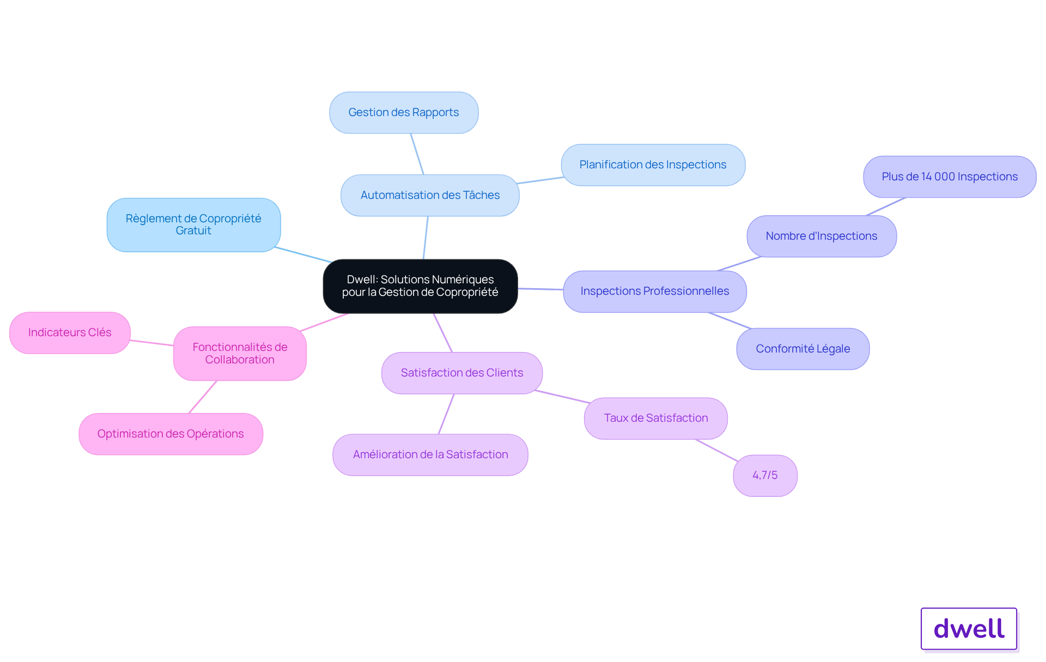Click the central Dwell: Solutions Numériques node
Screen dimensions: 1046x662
(420, 286)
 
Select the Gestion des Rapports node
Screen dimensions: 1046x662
(404, 112)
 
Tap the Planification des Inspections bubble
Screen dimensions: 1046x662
(653, 165)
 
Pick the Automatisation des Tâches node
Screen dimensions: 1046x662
(430, 195)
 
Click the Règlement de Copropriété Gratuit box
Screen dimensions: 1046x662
(193, 224)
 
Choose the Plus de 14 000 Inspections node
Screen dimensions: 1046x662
(950, 177)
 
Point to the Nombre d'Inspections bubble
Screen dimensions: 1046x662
(822, 236)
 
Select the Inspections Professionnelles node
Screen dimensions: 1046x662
(655, 291)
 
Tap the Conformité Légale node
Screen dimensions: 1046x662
(803, 349)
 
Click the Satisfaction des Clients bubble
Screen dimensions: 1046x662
(462, 373)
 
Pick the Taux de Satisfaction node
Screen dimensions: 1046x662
(656, 418)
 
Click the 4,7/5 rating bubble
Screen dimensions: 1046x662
(765, 475)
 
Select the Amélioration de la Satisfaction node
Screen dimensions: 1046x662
(430, 454)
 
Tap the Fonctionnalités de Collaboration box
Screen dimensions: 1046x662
(240, 353)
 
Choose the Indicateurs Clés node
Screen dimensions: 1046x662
(70, 332)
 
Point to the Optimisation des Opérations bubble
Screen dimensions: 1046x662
(171, 434)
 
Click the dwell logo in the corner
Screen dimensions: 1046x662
(969, 629)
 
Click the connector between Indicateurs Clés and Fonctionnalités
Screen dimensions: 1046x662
(151, 343)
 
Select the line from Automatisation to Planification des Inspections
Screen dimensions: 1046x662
(540, 180)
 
